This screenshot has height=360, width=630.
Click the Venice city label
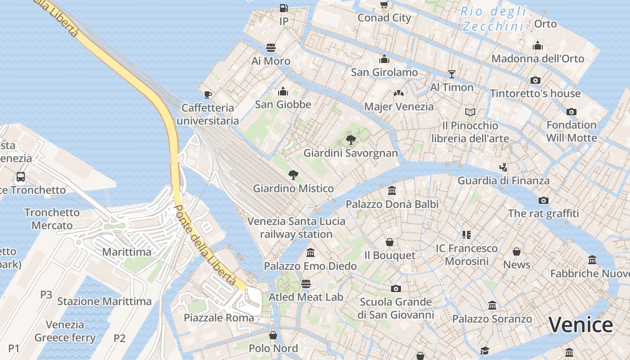pyautogui.click(x=580, y=325)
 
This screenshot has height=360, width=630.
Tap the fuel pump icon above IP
pyautogui.click(x=283, y=8)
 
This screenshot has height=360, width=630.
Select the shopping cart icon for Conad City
pyautogui.click(x=384, y=4)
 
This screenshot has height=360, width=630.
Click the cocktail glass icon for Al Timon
pyautogui.click(x=452, y=74)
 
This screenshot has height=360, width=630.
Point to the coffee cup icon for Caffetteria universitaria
pyautogui.click(x=207, y=94)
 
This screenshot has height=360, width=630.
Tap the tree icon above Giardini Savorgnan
pyautogui.click(x=351, y=139)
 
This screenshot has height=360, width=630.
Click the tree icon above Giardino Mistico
pyautogui.click(x=293, y=175)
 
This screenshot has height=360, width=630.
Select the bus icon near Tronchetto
pyautogui.click(x=21, y=176)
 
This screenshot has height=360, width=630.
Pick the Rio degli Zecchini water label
pyautogui.click(x=494, y=19)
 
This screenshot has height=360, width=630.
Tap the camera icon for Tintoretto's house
pyautogui.click(x=535, y=80)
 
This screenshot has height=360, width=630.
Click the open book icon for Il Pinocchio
pyautogui.click(x=470, y=112)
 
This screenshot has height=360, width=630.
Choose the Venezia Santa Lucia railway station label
pyautogui.click(x=297, y=228)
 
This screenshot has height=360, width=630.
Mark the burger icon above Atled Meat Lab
pyautogui.click(x=306, y=283)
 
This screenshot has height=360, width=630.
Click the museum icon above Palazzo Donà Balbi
pyautogui.click(x=392, y=190)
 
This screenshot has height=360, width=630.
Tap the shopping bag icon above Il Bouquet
pyautogui.click(x=390, y=242)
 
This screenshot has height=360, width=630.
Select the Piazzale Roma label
pyautogui.click(x=219, y=318)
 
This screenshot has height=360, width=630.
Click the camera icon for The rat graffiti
pyautogui.click(x=544, y=200)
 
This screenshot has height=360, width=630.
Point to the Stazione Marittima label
pyautogui.click(x=104, y=301)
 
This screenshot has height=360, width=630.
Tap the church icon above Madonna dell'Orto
pyautogui.click(x=538, y=45)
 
